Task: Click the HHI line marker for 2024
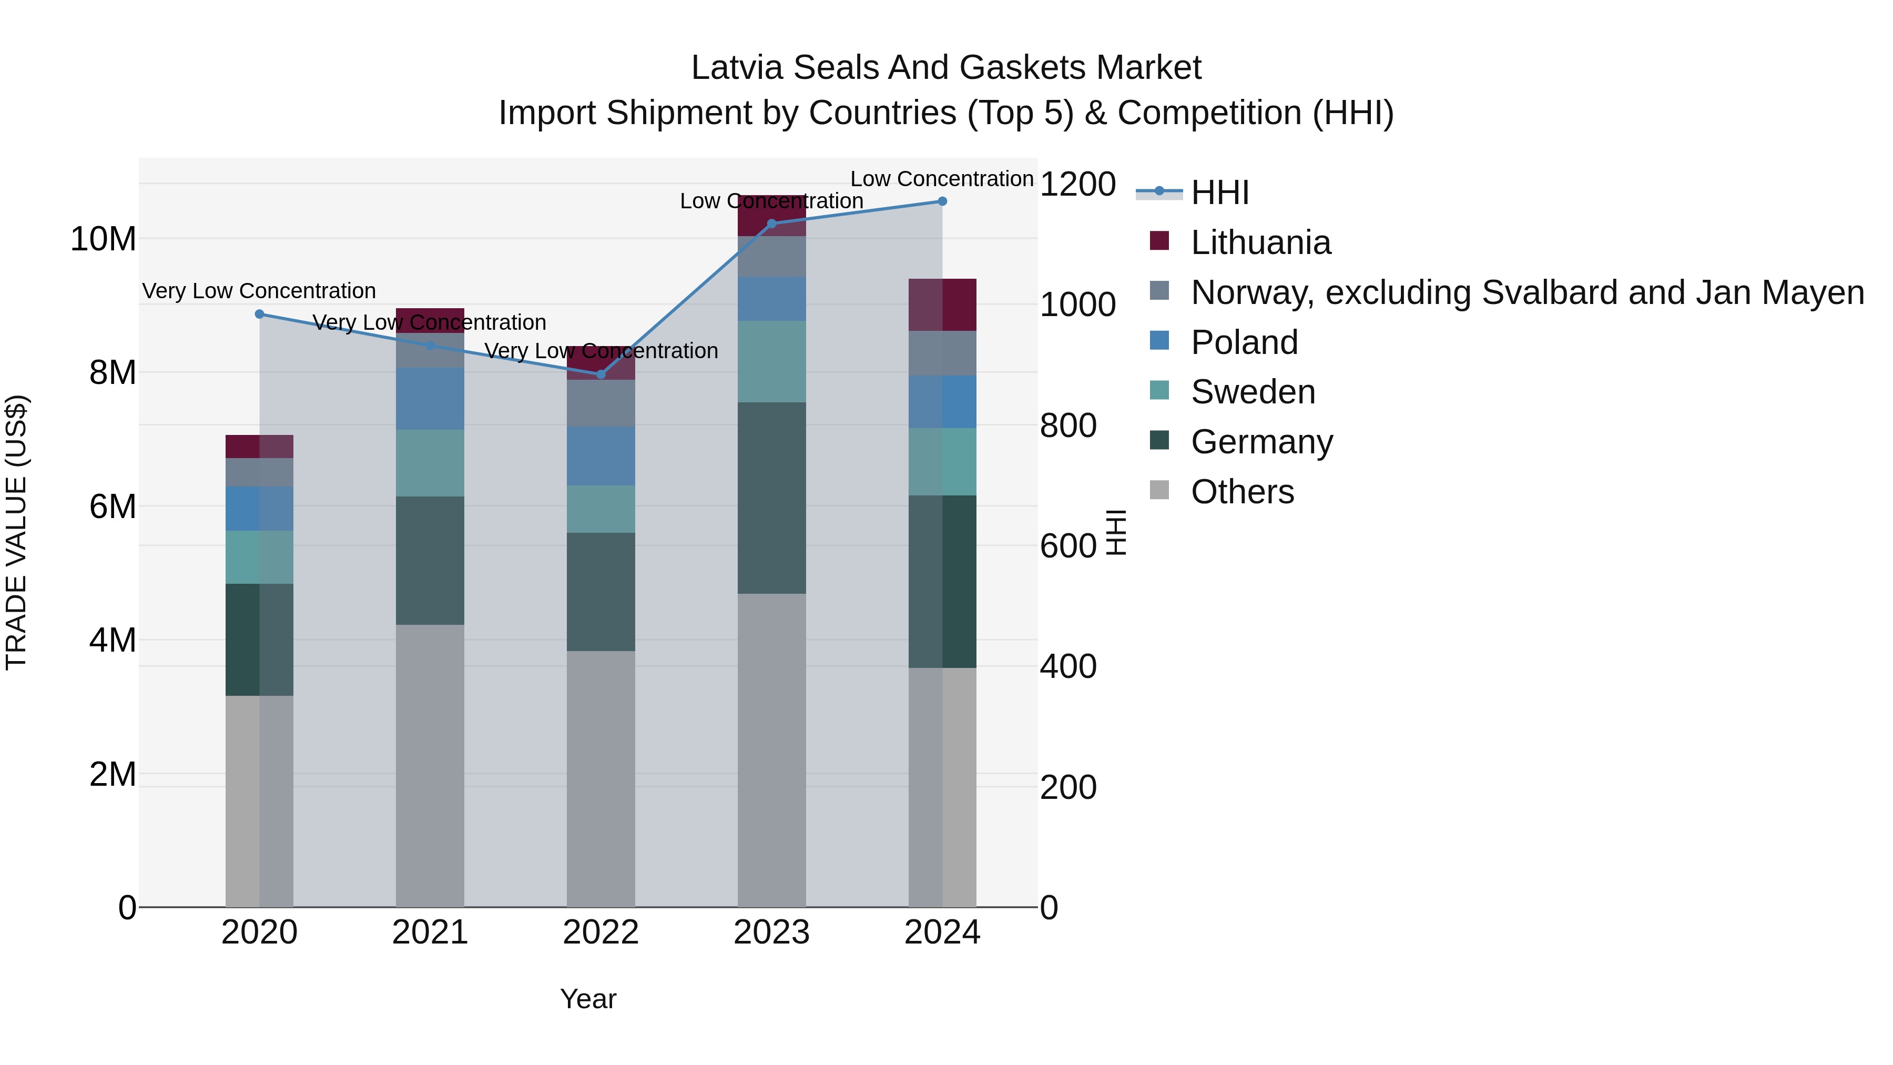(x=942, y=201)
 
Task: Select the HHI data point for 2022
(x=601, y=374)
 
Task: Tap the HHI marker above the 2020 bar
(x=259, y=314)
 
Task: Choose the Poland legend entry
(x=1244, y=342)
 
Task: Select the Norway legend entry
(x=1526, y=292)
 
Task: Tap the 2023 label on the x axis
(x=771, y=932)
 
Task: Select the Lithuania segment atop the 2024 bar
(x=942, y=305)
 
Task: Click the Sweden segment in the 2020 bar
(x=259, y=557)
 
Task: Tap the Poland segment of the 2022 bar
(x=601, y=455)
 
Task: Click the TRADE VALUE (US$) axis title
(x=16, y=532)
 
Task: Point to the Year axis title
(x=588, y=999)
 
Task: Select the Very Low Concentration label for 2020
(x=259, y=291)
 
